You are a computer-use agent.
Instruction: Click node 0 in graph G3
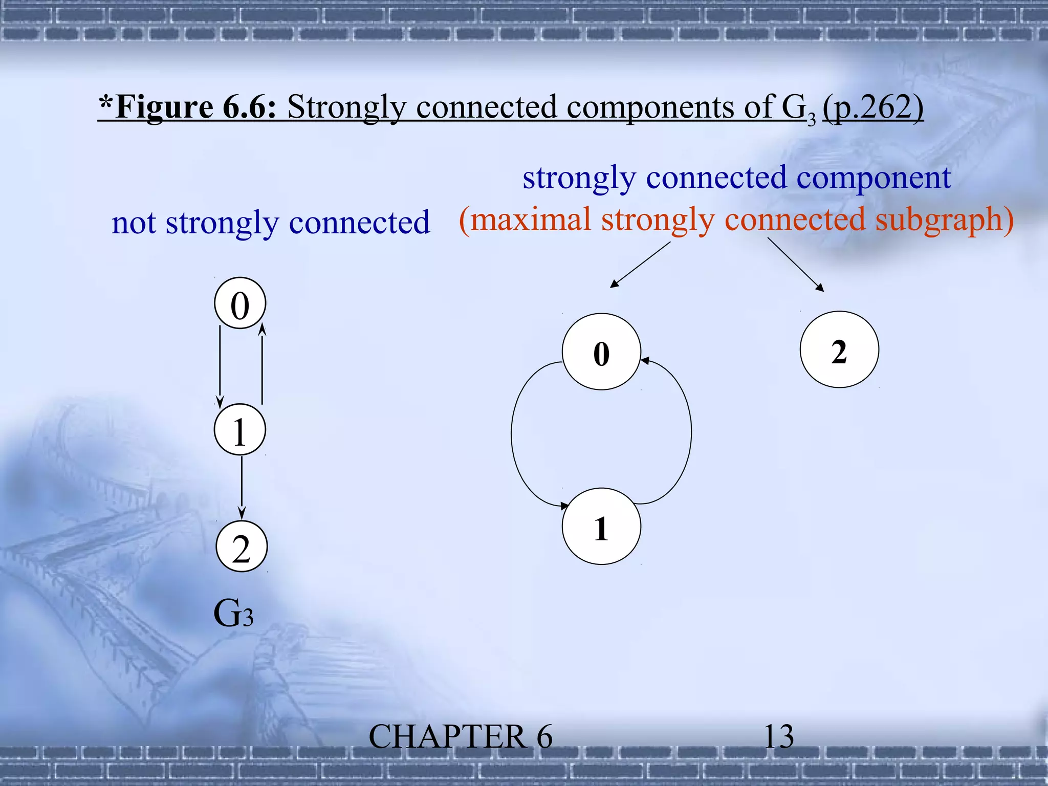click(x=240, y=303)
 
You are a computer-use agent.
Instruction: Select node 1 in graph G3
click(x=240, y=430)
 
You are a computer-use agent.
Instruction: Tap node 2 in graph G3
click(x=242, y=547)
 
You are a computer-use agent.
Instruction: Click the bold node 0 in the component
click(x=601, y=352)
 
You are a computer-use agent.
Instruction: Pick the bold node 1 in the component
click(x=601, y=527)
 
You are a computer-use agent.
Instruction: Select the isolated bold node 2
click(x=839, y=350)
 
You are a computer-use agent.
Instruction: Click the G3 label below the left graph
click(x=233, y=613)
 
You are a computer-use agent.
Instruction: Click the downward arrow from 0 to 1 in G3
click(x=220, y=366)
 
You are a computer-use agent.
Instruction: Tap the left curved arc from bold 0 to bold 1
click(x=513, y=435)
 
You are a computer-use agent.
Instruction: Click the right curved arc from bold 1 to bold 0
click(x=691, y=432)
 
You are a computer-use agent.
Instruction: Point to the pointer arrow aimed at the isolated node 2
click(x=796, y=265)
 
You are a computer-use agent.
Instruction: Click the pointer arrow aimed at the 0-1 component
click(x=640, y=265)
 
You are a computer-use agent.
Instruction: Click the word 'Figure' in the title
click(x=164, y=107)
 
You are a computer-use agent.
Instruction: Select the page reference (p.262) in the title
click(x=873, y=107)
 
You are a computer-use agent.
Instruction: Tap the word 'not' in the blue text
click(x=134, y=223)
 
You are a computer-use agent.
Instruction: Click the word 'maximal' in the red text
click(x=530, y=220)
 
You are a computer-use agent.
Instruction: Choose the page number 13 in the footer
click(x=778, y=737)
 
